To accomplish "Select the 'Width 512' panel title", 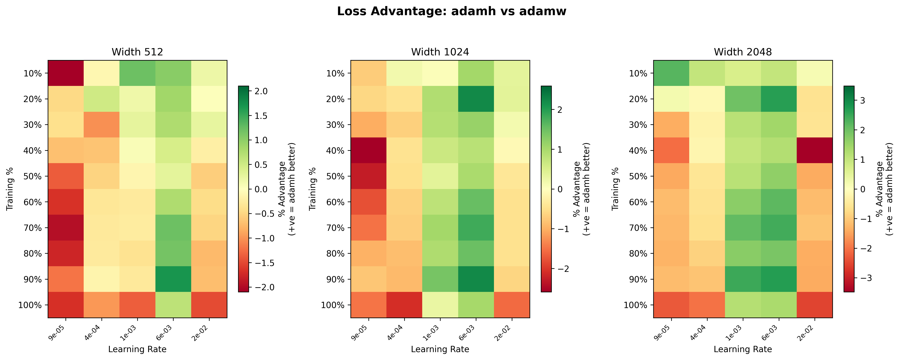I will click(x=137, y=52).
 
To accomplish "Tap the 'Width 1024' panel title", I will click(x=440, y=52).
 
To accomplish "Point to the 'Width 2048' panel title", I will click(x=743, y=52).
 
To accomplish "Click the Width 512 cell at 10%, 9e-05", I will click(x=66, y=73).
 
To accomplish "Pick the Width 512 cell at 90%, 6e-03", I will click(x=173, y=279).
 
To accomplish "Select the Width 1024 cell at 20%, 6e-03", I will click(x=476, y=99).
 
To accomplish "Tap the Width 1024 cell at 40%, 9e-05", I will click(x=369, y=150).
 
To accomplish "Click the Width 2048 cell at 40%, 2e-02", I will click(x=814, y=150).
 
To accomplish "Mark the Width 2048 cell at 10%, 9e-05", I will click(x=671, y=73).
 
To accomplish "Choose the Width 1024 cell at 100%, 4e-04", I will click(x=404, y=305).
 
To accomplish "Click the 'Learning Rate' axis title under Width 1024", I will click(x=440, y=349).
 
